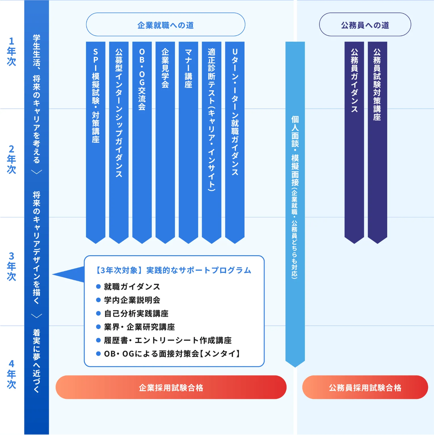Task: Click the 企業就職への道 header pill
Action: pyautogui.click(x=165, y=25)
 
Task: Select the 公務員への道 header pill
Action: pyautogui.click(x=365, y=25)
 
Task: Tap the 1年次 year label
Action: pyautogui.click(x=11, y=51)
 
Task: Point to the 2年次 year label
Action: pyautogui.click(x=11, y=159)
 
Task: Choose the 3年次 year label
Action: pyautogui.click(x=11, y=266)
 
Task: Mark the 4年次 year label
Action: pyautogui.click(x=11, y=374)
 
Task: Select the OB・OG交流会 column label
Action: pyautogui.click(x=142, y=79)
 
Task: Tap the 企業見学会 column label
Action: pyautogui.click(x=165, y=68)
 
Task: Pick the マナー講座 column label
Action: pyautogui.click(x=188, y=68)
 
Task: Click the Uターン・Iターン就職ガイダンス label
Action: pyautogui.click(x=235, y=112)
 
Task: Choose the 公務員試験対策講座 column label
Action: pyautogui.click(x=377, y=84)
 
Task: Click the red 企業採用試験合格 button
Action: pyautogui.click(x=171, y=387)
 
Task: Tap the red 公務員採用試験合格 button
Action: pyautogui.click(x=365, y=387)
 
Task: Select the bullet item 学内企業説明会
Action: pyautogui.click(x=132, y=300)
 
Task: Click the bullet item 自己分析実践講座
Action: pyautogui.click(x=136, y=313)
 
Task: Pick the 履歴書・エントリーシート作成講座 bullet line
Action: pyautogui.click(x=168, y=340)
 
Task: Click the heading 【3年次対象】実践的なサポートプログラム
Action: pyautogui.click(x=173, y=270)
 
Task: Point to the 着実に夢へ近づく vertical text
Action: pyautogui.click(x=37, y=361)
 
